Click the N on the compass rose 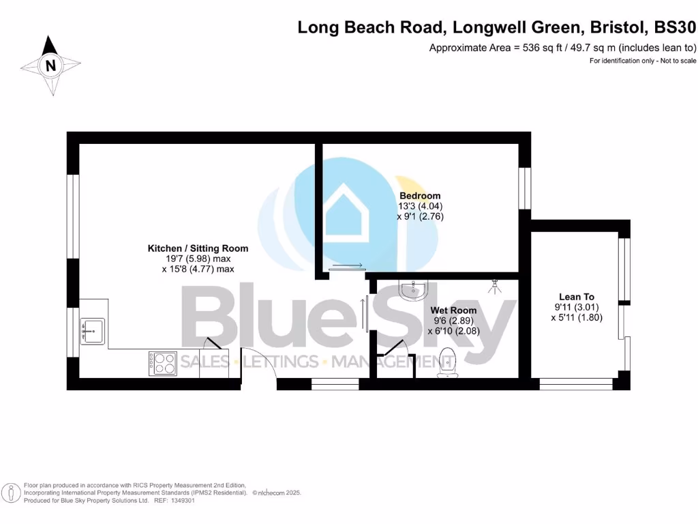tap(50, 66)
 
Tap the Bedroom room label tap(420, 196)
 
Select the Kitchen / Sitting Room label tap(198, 248)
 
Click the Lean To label tap(577, 297)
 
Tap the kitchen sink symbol tap(92, 331)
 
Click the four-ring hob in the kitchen tap(163, 363)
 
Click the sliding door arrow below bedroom tap(348, 265)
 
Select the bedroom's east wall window tap(524, 188)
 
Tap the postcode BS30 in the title tap(675, 28)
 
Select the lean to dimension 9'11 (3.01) tap(577, 307)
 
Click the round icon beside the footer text tap(10, 493)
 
